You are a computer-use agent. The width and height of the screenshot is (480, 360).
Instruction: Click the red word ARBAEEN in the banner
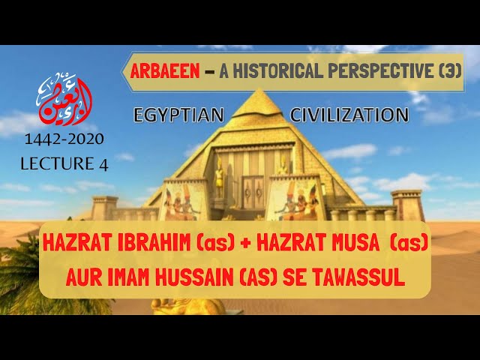[x=165, y=71]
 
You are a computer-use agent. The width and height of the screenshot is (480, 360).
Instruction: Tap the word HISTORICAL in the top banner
[x=271, y=71]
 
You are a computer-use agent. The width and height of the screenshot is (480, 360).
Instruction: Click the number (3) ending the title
[x=450, y=71]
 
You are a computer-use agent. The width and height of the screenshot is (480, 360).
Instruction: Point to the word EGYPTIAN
[x=178, y=115]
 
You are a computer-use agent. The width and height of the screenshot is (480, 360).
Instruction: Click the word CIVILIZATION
[x=349, y=115]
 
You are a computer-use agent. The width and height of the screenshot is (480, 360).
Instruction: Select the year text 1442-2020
[x=64, y=139]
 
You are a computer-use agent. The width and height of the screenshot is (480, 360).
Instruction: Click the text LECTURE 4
[x=64, y=163]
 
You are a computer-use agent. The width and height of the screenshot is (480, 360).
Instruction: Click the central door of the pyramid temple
[x=253, y=192]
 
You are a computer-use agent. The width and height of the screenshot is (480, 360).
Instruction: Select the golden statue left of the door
[x=220, y=178]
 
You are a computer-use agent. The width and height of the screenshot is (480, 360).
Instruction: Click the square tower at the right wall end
[x=408, y=205]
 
